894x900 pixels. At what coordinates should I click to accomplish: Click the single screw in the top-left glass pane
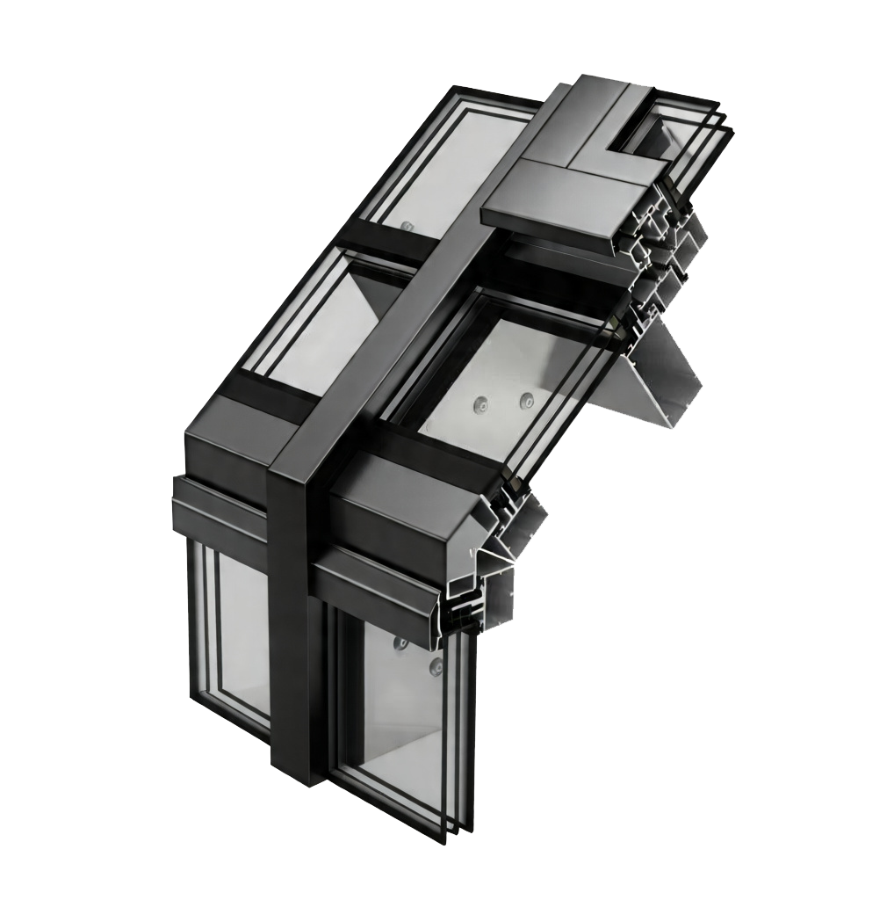[x=405, y=226]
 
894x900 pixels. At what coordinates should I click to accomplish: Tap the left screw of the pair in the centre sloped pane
[x=479, y=406]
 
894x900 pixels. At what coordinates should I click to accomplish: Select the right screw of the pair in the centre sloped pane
[x=526, y=401]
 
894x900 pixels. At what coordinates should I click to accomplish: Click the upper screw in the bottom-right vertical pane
[x=401, y=642]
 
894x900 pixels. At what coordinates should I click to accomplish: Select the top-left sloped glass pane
[x=439, y=167]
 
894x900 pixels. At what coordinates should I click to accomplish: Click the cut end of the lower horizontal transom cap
[x=465, y=606]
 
